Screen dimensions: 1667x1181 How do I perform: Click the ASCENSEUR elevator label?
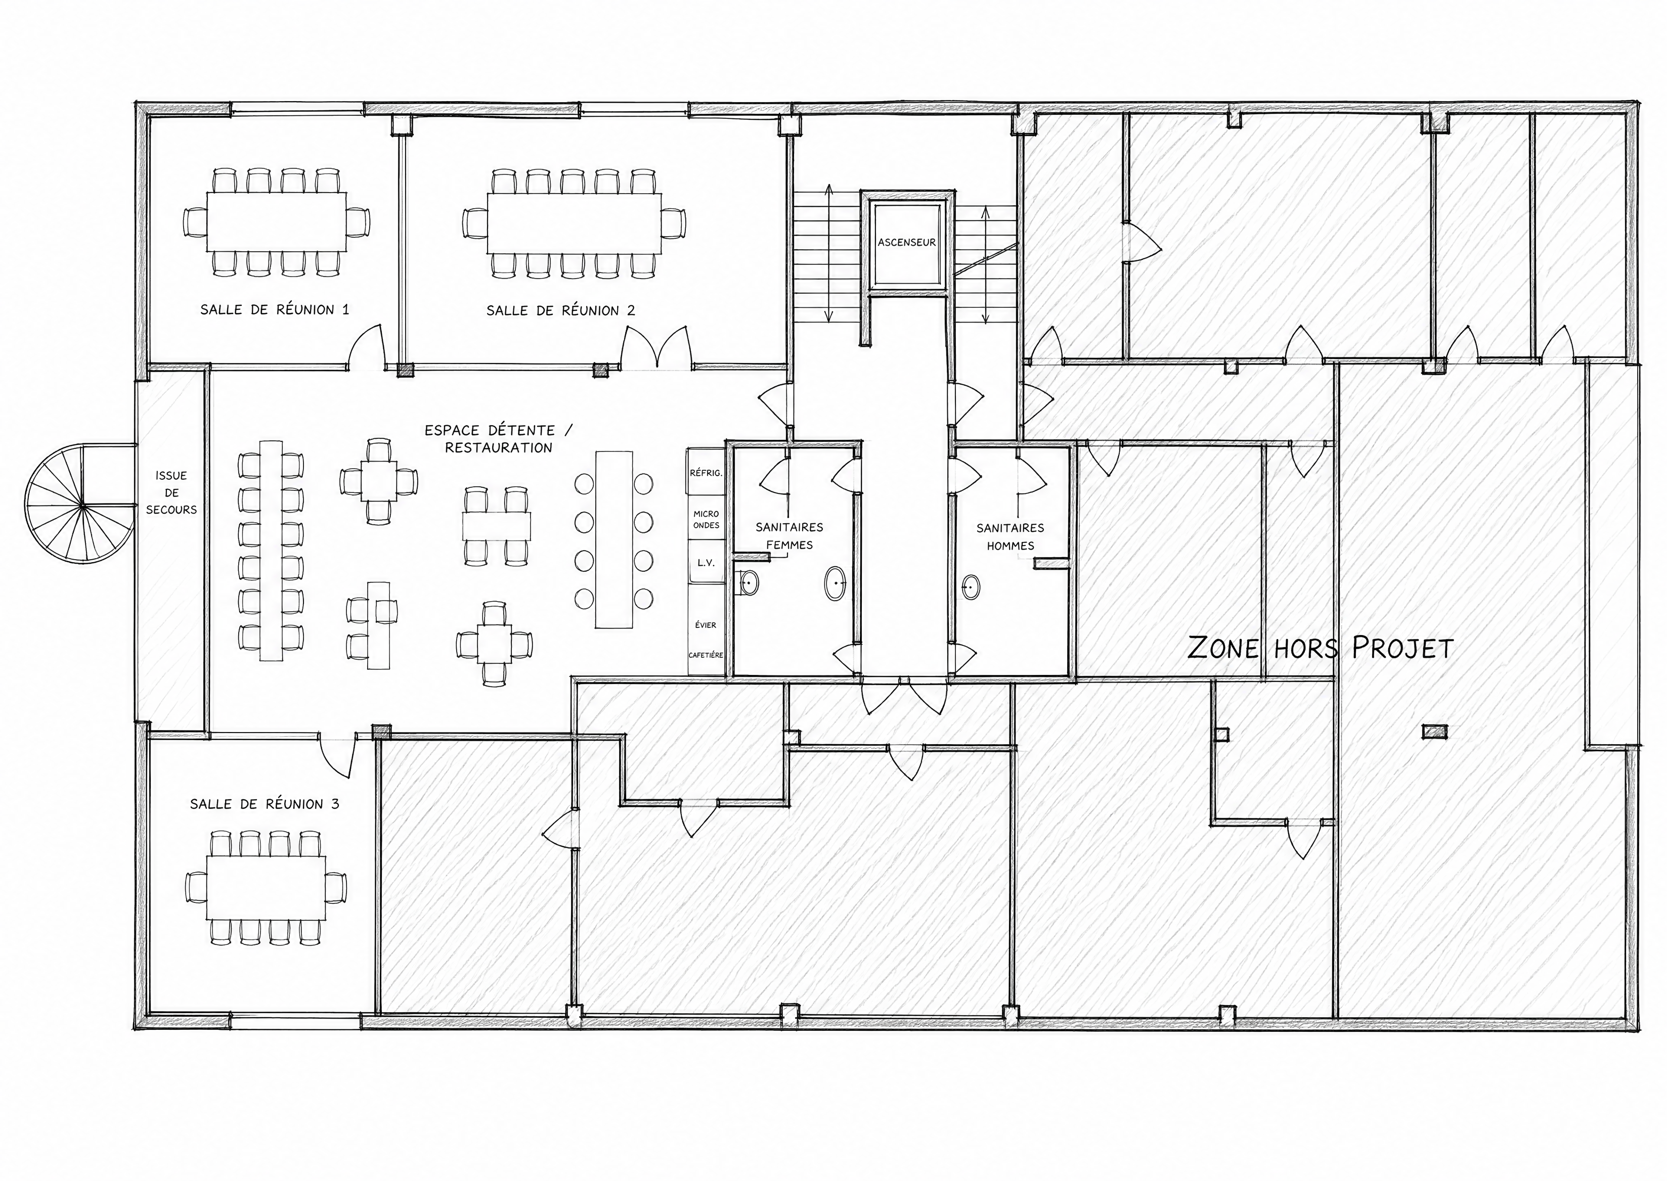906,242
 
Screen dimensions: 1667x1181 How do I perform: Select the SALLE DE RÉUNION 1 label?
275,310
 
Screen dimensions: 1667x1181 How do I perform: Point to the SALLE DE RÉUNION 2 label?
561,310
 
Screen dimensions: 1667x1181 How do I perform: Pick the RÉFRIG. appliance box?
706,473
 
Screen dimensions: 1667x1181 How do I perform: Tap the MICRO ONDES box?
706,519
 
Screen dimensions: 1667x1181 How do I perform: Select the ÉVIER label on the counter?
706,625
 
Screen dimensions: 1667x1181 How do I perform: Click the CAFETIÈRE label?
706,655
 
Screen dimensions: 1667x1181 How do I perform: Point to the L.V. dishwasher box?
706,563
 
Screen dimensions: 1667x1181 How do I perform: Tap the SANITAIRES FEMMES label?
789,536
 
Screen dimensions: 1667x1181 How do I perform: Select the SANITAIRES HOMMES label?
1010,537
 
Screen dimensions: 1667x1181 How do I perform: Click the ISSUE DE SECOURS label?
171,492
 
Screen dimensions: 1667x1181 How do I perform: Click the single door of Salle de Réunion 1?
367,345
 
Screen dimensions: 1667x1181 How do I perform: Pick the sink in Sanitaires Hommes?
970,585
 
